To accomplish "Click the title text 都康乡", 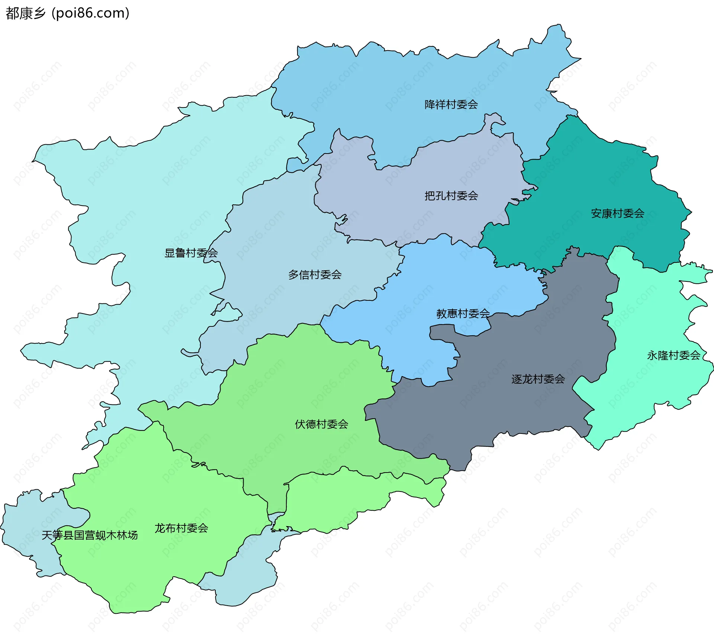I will (25, 13).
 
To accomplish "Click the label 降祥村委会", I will (451, 104).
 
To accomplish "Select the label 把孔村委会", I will (451, 196).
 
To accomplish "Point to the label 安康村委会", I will (617, 213).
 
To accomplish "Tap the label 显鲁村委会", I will (191, 253).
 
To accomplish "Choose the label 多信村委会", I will (315, 275).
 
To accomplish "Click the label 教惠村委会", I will (463, 313).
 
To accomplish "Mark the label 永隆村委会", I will (673, 355).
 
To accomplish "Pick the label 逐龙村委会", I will (538, 379).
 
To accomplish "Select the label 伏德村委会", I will (321, 424).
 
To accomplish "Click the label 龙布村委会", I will (181, 528).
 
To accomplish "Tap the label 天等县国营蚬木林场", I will (90, 535).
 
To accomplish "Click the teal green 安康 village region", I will (595, 178).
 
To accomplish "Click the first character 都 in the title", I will (12, 13).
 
